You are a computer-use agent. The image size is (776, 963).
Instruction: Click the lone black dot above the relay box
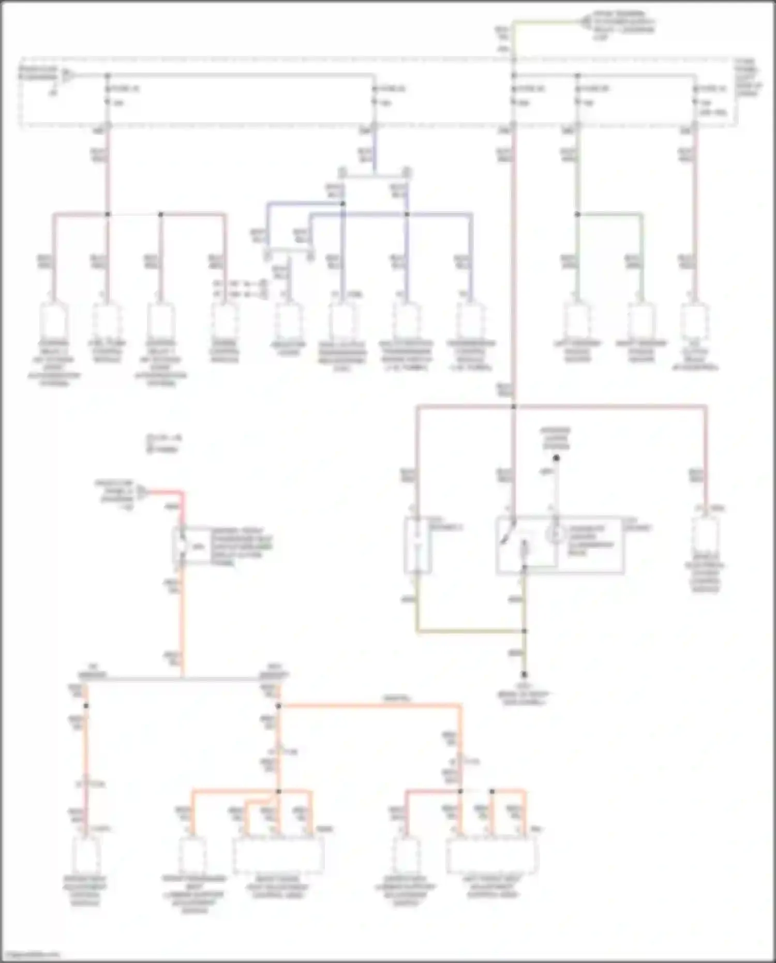tap(557, 458)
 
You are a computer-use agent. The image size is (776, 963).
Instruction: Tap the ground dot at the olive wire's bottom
tap(524, 675)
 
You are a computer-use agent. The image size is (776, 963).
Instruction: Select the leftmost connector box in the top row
tap(54, 321)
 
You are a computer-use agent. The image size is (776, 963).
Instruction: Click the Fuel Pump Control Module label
tap(107, 351)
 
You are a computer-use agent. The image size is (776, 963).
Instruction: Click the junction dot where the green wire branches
tap(577, 214)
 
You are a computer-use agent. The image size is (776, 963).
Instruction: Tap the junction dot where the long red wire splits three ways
tap(514, 407)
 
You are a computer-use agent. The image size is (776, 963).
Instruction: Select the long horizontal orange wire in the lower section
tap(370, 705)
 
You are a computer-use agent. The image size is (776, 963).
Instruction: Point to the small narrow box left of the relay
tap(417, 544)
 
